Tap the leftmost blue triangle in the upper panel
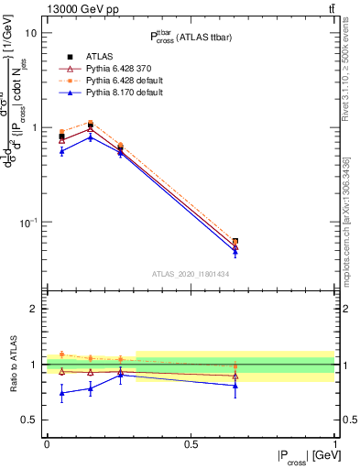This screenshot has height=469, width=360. coord(61,150)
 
